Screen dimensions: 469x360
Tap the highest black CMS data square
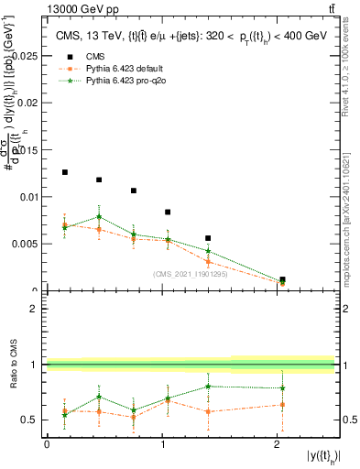pyautogui.click(x=65, y=172)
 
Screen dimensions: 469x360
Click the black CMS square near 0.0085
pyautogui.click(x=168, y=213)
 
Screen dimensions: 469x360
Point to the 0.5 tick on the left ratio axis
pyautogui.click(x=33, y=420)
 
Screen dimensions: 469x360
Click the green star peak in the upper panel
pyautogui.click(x=99, y=217)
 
